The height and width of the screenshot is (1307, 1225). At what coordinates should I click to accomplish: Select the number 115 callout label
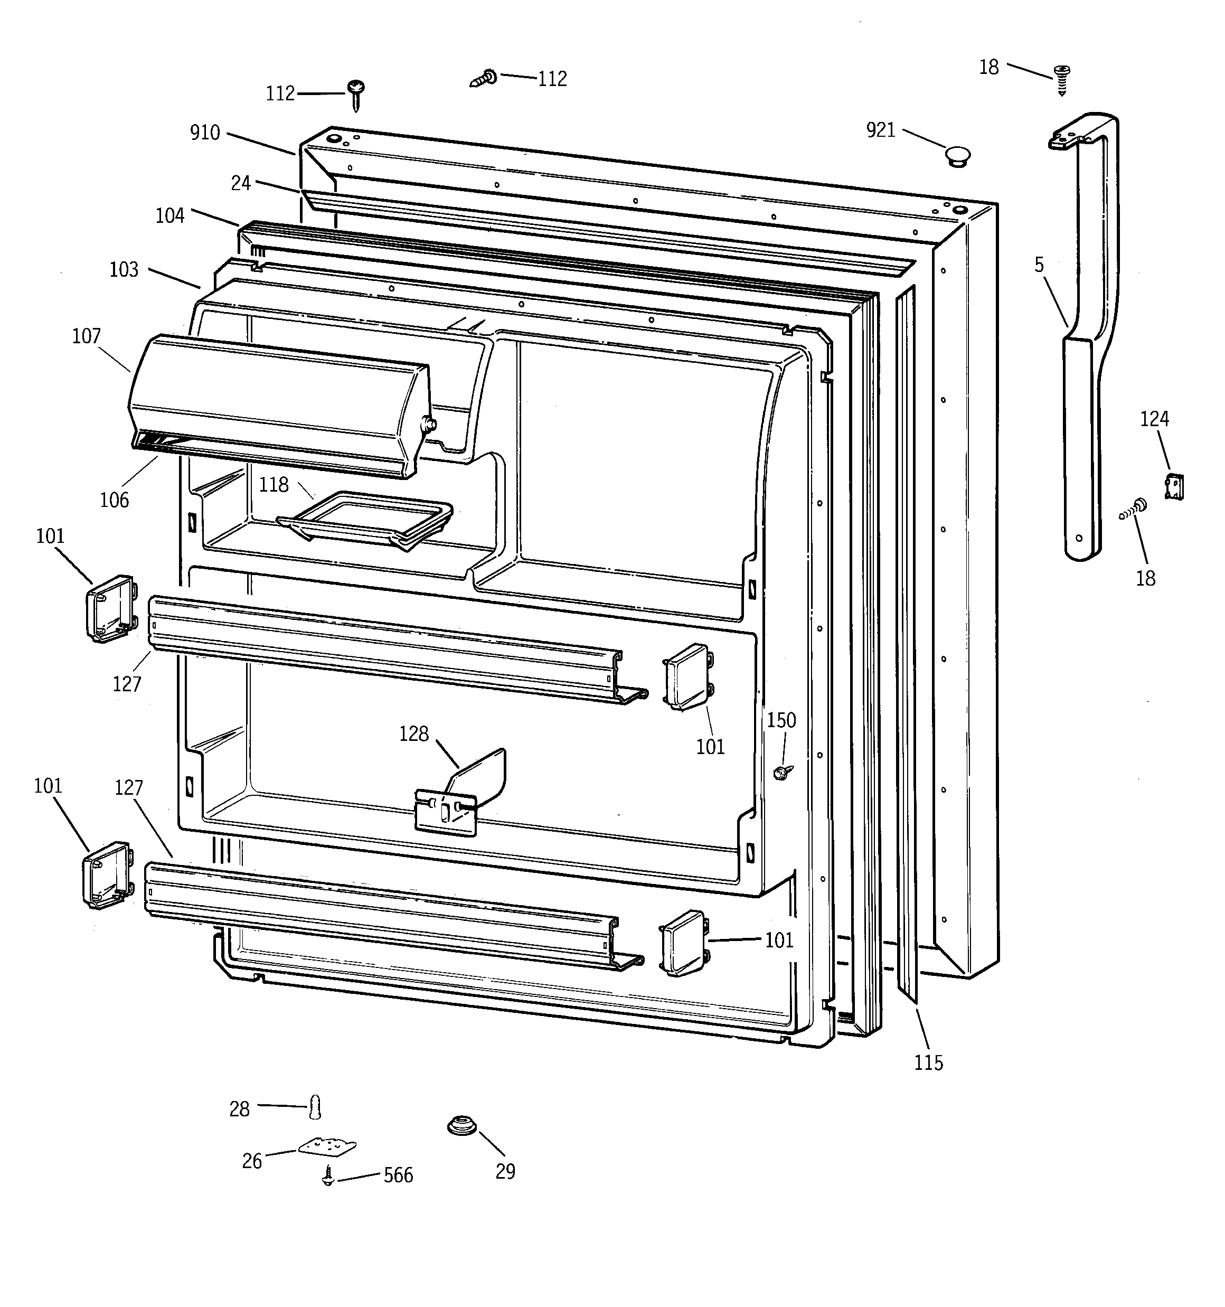(928, 1062)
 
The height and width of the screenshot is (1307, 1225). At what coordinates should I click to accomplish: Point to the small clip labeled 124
(1174, 486)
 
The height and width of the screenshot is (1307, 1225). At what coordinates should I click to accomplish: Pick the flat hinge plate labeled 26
(327, 1146)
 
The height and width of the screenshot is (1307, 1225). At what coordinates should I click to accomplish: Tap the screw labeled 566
(328, 1175)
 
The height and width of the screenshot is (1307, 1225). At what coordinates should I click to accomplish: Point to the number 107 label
(86, 336)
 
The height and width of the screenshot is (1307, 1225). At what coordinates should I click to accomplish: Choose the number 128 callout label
(413, 734)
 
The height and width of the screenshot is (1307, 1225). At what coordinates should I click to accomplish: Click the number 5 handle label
(1039, 265)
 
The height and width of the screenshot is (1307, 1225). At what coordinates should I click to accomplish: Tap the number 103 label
(124, 269)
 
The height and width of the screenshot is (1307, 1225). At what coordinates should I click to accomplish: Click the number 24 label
(241, 183)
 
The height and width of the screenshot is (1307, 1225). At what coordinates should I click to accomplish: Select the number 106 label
(115, 500)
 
